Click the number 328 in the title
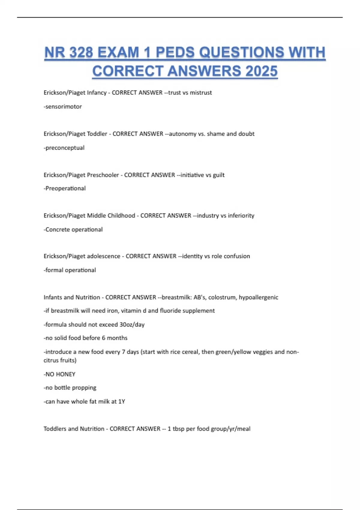[x=81, y=52]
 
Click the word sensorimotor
[x=64, y=106]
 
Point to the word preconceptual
[x=65, y=148]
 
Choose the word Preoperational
[x=65, y=188]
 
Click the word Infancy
[x=97, y=93]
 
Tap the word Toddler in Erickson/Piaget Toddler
[x=97, y=134]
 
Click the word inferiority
[x=241, y=215]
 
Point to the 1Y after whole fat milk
[x=121, y=401]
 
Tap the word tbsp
[x=178, y=429]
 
